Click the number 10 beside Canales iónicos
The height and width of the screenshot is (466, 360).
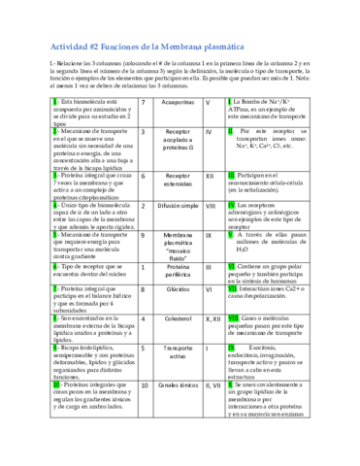click(x=145, y=386)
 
